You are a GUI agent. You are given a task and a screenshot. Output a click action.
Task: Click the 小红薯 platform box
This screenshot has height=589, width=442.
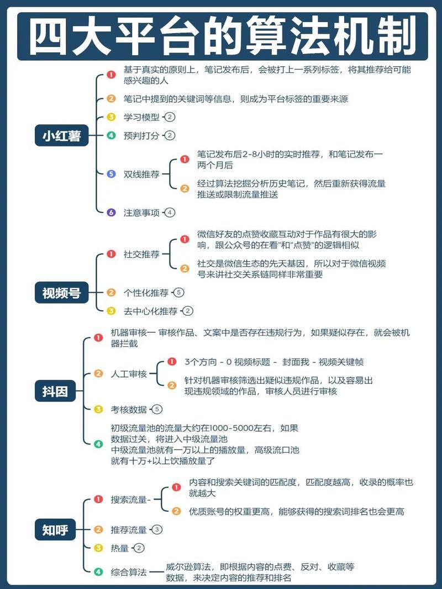[62, 135]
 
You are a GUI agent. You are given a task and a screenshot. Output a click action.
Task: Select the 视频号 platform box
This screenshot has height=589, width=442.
[62, 293]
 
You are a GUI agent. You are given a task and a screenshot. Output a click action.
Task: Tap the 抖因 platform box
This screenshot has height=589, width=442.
[55, 391]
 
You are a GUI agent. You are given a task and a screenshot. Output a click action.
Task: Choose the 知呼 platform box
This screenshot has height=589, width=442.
[55, 529]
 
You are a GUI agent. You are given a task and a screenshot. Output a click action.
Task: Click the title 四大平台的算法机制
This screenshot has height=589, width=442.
[223, 36]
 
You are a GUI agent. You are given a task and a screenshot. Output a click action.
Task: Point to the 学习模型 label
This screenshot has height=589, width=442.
[141, 117]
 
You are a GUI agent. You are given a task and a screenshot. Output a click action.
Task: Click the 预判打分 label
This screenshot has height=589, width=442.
[141, 136]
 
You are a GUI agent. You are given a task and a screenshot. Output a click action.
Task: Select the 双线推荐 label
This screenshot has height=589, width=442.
[141, 174]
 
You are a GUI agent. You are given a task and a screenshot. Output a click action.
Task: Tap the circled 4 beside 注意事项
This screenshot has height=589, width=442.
[170, 213]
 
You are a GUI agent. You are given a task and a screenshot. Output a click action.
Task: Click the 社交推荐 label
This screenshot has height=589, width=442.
[141, 254]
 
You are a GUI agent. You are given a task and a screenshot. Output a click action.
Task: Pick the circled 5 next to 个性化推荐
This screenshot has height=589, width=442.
[179, 293]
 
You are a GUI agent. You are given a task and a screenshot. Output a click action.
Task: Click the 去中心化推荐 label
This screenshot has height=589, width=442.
[151, 311]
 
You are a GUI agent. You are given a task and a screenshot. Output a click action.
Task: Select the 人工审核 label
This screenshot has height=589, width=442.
[129, 374]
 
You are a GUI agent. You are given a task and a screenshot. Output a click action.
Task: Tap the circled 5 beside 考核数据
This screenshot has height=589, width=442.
[157, 409]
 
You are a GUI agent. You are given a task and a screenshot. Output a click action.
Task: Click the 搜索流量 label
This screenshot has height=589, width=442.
[129, 500]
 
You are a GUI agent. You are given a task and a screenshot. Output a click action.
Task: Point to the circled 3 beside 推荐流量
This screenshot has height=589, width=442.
[157, 529]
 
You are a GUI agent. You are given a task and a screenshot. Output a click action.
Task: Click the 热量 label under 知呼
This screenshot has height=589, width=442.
[120, 548]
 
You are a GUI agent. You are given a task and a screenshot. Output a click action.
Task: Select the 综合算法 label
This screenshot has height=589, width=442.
[129, 572]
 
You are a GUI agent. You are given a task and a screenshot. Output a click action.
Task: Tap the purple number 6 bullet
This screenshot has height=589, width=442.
[111, 213]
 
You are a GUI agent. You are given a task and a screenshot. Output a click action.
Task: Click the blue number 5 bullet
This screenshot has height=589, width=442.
[111, 174]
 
